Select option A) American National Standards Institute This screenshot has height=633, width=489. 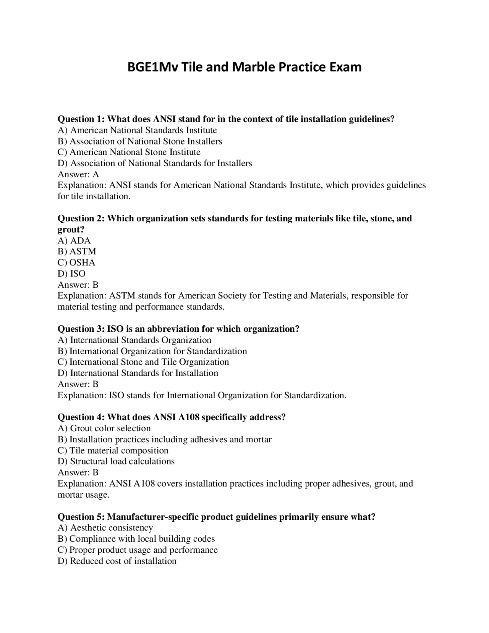[x=137, y=130]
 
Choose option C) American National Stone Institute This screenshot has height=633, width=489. [x=129, y=152]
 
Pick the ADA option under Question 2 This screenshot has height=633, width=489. [x=74, y=241]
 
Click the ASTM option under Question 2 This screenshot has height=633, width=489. [x=77, y=252]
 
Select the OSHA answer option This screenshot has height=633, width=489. [x=76, y=263]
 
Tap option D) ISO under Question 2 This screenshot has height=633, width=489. [x=71, y=274]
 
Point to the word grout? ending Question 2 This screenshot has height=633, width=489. [x=71, y=230]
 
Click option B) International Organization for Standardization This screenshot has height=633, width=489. [x=152, y=351]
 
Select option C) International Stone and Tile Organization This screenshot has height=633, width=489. [x=143, y=362]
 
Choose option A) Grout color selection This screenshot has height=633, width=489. [x=104, y=428]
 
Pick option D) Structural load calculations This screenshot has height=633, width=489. [x=116, y=461]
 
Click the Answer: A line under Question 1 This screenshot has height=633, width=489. [x=78, y=175]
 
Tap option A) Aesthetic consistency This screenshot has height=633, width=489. [x=105, y=528]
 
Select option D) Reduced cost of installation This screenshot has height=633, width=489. [x=117, y=561]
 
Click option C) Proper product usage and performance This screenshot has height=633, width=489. [x=138, y=550]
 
